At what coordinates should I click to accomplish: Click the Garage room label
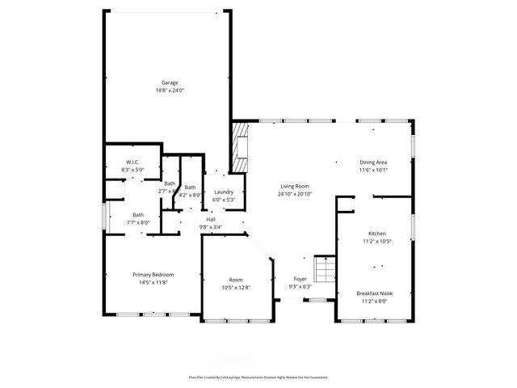[170, 82]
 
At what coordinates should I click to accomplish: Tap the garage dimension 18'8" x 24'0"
[170, 91]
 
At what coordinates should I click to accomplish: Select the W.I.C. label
[132, 162]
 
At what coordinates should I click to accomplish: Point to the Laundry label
[223, 192]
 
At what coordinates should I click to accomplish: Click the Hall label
[211, 219]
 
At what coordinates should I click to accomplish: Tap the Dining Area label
[373, 162]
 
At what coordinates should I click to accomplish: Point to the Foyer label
[300, 278]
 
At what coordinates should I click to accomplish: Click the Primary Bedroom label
[153, 274]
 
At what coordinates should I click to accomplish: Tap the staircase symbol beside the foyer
[325, 268]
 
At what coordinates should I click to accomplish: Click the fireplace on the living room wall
[239, 147]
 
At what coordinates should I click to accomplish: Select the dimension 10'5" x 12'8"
[237, 288]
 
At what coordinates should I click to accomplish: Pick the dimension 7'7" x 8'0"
[139, 222]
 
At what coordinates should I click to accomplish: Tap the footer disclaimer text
[258, 377]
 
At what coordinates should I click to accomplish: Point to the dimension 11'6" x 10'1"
[373, 171]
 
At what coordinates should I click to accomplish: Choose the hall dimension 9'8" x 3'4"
[211, 227]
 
